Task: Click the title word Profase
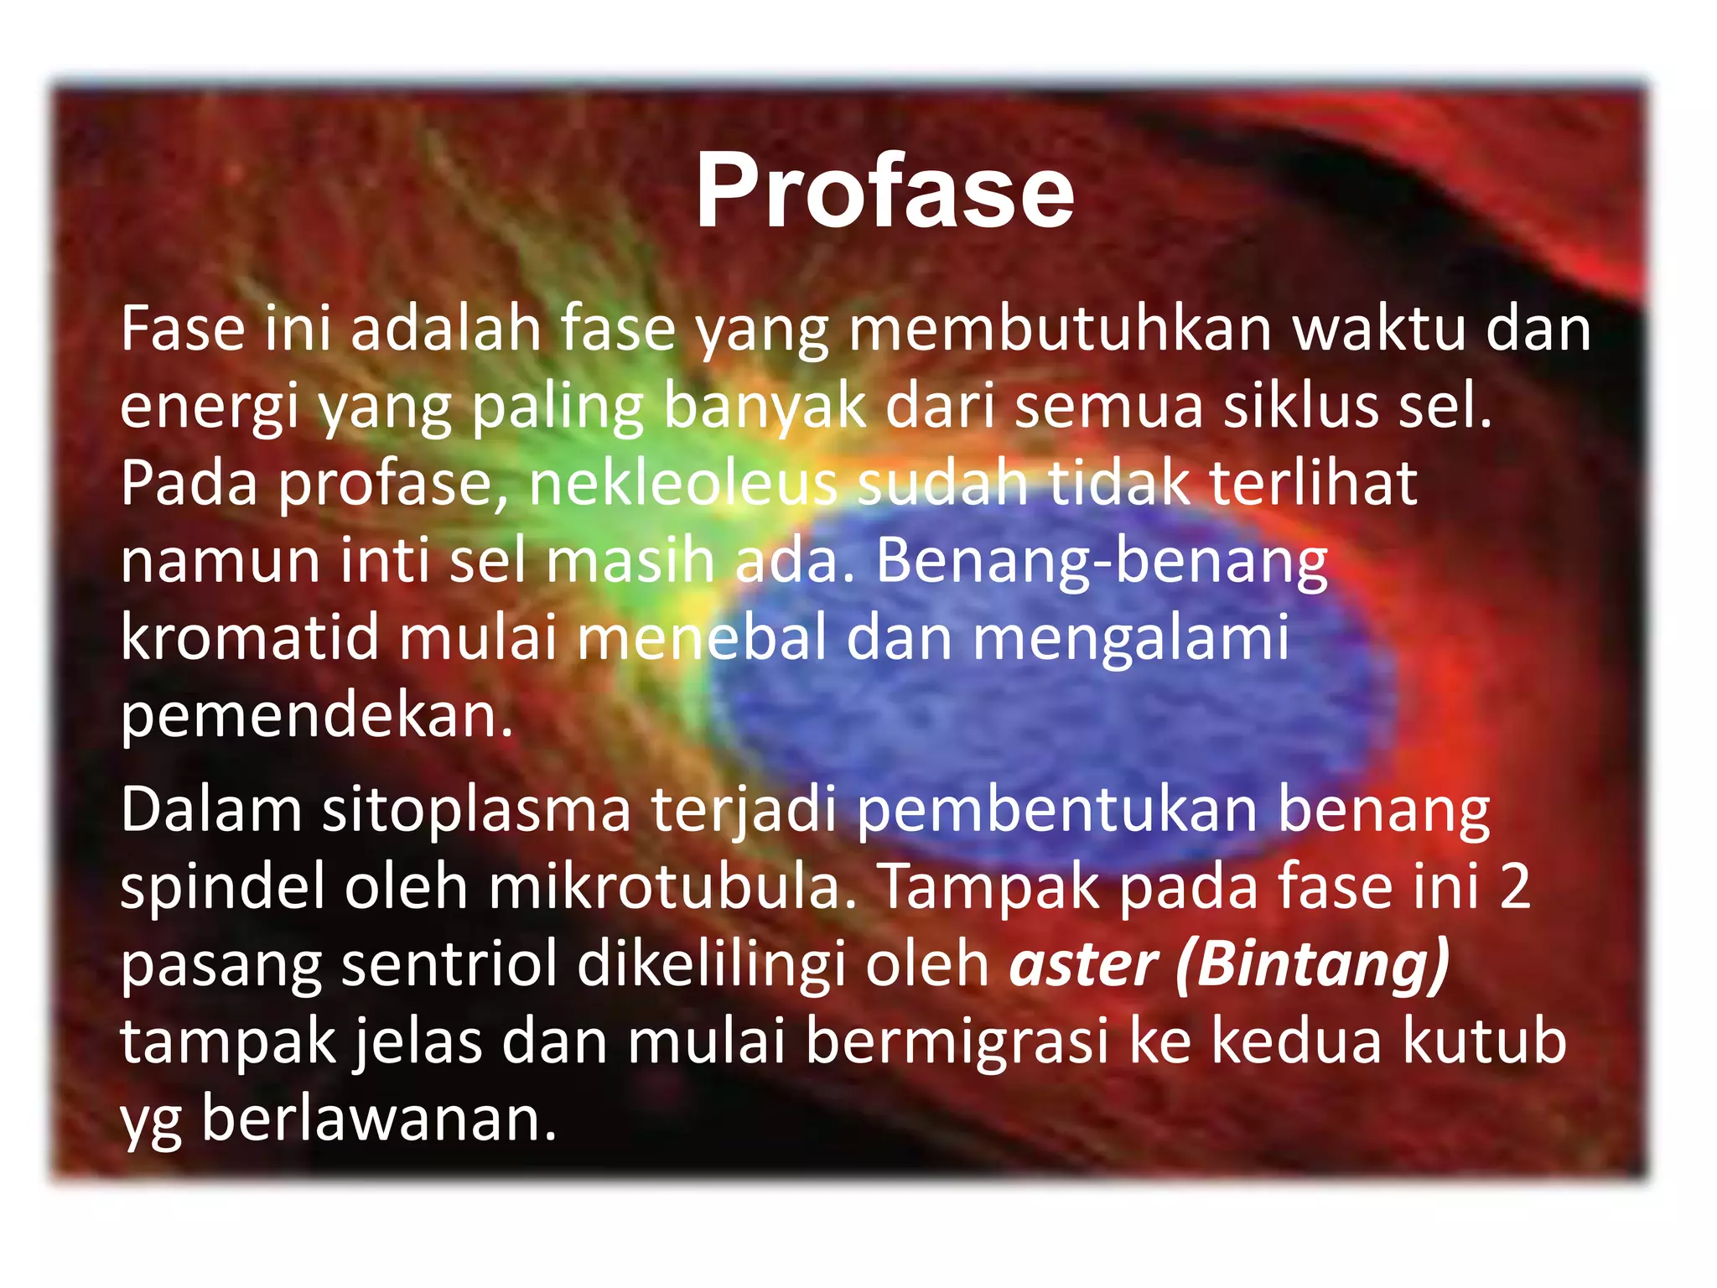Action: (x=884, y=191)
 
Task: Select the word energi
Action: (x=209, y=408)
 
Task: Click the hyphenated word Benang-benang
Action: (x=1102, y=560)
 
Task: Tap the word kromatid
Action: (x=249, y=637)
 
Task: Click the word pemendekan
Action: (x=316, y=716)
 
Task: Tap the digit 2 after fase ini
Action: (x=1515, y=887)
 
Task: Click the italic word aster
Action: (x=1083, y=964)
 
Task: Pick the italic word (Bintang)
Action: (x=1312, y=964)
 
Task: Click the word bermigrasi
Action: (x=957, y=1041)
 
